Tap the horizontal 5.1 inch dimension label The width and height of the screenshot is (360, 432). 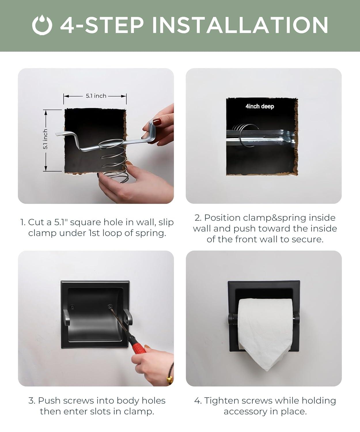click(96, 96)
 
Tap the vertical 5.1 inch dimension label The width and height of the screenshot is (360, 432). click(46, 139)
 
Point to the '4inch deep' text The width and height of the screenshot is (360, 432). click(259, 106)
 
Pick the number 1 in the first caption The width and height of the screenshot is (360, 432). click(22, 222)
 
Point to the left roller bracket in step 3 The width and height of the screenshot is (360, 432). click(66, 317)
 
